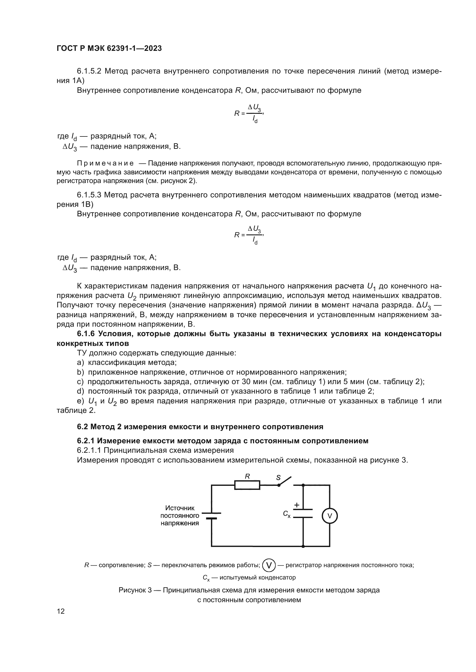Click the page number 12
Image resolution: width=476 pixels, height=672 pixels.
tap(61, 611)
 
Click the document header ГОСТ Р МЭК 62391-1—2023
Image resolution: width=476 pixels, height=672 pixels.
tap(109, 49)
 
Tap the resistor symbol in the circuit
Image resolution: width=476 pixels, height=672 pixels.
tap(247, 485)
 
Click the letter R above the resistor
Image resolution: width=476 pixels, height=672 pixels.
tap(247, 476)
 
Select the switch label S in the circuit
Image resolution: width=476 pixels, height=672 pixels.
tap(278, 478)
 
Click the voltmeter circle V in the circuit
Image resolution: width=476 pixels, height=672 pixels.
tap(330, 516)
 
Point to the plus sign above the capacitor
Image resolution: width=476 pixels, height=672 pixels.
tap(297, 505)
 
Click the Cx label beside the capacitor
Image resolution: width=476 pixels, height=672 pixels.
tap(287, 514)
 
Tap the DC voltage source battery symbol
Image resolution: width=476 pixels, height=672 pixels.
tap(211, 516)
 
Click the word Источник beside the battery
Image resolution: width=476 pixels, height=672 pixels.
tap(180, 508)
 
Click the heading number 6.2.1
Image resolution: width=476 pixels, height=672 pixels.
tap(85, 441)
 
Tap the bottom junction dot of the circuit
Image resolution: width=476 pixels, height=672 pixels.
tap(303, 546)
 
